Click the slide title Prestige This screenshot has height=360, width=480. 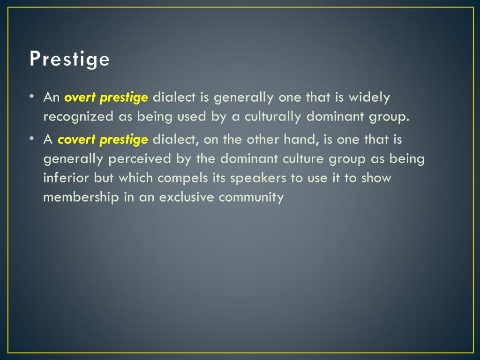click(69, 59)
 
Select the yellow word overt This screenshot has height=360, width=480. click(80, 97)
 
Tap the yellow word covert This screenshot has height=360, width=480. click(77, 140)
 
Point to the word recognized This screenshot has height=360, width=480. click(78, 117)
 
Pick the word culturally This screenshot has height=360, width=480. click(273, 117)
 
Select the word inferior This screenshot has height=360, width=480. click(66, 178)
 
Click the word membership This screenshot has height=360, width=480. click(81, 197)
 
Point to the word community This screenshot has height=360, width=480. click(251, 197)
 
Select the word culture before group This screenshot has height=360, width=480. click(303, 158)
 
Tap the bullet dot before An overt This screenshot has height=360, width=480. click(32, 96)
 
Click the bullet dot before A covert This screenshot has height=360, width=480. click(32, 138)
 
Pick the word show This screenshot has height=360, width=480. click(376, 178)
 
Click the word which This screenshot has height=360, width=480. click(135, 178)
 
